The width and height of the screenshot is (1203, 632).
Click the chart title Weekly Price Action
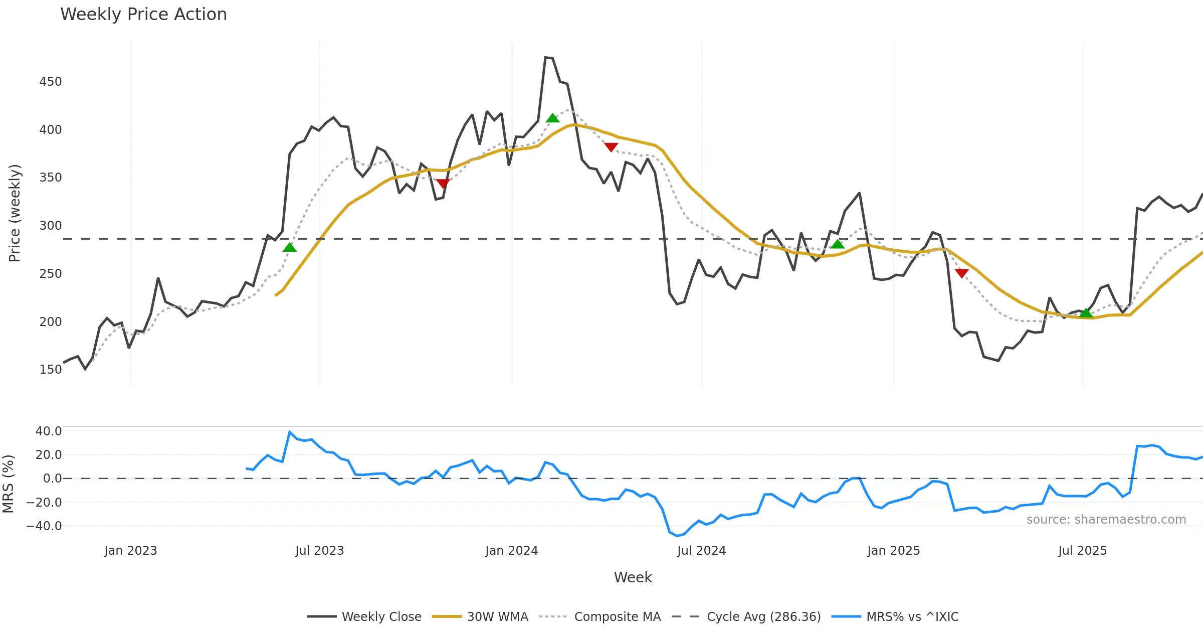point(143,15)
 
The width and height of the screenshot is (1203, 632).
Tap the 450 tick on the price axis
point(51,82)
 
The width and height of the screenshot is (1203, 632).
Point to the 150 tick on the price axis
point(51,370)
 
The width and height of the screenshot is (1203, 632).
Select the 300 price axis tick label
point(51,226)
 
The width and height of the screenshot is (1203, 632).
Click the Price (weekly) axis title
point(15,213)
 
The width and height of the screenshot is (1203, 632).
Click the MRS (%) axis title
point(8,484)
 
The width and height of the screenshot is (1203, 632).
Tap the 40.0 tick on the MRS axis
point(49,431)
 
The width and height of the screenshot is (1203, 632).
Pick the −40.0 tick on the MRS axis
point(44,526)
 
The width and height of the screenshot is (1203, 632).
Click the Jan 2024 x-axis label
point(511,551)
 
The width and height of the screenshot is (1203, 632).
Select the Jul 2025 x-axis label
point(1082,551)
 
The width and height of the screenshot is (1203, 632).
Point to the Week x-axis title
point(633,578)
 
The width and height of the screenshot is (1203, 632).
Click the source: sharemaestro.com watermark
point(1106,520)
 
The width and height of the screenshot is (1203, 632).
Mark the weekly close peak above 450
point(545,58)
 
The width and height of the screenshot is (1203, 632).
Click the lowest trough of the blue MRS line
point(677,536)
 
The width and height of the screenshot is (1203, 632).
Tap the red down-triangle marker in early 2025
point(961,273)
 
